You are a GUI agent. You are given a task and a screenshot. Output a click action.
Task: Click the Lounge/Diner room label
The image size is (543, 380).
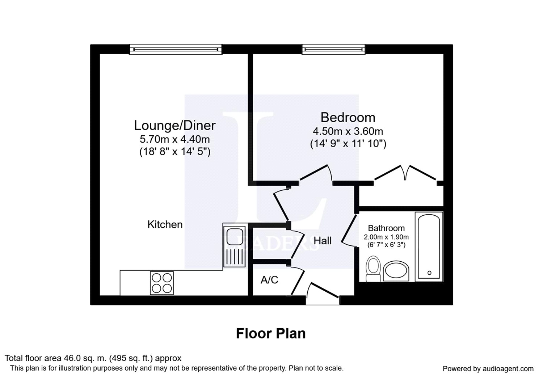point(174,126)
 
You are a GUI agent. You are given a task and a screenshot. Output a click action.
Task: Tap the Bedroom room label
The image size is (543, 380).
point(348,118)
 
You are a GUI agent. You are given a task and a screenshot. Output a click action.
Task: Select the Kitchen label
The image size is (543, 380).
point(165,224)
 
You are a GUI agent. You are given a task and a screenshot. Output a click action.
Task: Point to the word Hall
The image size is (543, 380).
point(323,241)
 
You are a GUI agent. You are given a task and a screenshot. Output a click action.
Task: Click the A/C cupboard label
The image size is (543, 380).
point(269,280)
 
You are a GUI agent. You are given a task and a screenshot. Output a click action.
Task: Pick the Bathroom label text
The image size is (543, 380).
point(386,228)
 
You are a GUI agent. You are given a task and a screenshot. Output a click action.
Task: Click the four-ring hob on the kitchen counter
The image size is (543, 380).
point(162,283)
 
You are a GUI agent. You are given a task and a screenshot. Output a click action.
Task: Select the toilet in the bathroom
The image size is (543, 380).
point(373,269)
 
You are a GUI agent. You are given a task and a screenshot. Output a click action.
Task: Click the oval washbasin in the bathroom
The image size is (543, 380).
point(396,271)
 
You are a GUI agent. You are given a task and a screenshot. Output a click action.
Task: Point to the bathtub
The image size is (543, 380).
point(429,247)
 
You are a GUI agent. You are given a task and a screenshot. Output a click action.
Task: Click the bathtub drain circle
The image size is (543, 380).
point(429,273)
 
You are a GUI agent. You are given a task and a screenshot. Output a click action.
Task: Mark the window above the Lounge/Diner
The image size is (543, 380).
point(176,49)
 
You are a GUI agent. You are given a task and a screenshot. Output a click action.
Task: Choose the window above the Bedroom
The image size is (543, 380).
point(333,49)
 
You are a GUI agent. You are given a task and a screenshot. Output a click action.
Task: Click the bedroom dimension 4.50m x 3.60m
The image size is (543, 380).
point(348,132)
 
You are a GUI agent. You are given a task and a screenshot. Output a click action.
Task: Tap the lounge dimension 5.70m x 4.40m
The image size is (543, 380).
point(174,139)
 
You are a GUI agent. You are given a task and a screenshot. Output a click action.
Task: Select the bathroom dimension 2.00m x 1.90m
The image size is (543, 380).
point(386,237)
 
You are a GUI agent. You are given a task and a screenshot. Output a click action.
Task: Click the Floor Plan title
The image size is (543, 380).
point(271,333)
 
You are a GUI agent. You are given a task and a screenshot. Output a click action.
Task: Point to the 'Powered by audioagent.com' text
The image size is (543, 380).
point(488,369)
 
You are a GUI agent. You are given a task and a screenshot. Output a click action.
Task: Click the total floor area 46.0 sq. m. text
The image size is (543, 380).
point(93,358)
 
